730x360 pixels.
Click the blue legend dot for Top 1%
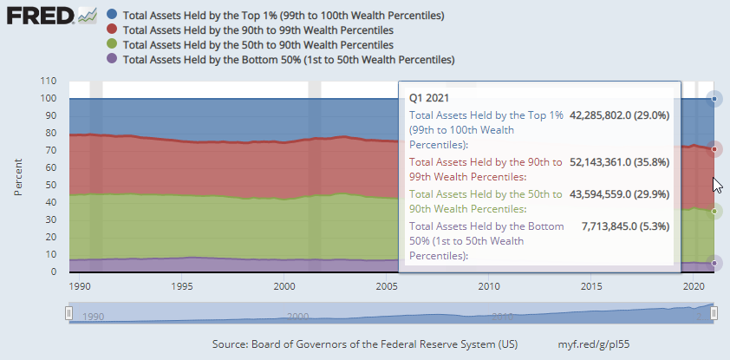112,15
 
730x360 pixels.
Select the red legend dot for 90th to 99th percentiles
112,29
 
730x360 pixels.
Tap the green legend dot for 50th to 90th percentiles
112,44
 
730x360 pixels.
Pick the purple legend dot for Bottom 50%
112,59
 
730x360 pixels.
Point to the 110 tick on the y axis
48,81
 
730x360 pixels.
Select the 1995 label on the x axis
182,285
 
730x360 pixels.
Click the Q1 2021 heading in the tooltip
428,98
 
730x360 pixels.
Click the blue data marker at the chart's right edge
714,99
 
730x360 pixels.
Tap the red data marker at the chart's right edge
714,149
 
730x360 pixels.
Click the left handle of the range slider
68,313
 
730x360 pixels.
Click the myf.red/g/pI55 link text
595,344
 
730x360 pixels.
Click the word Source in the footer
231,344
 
